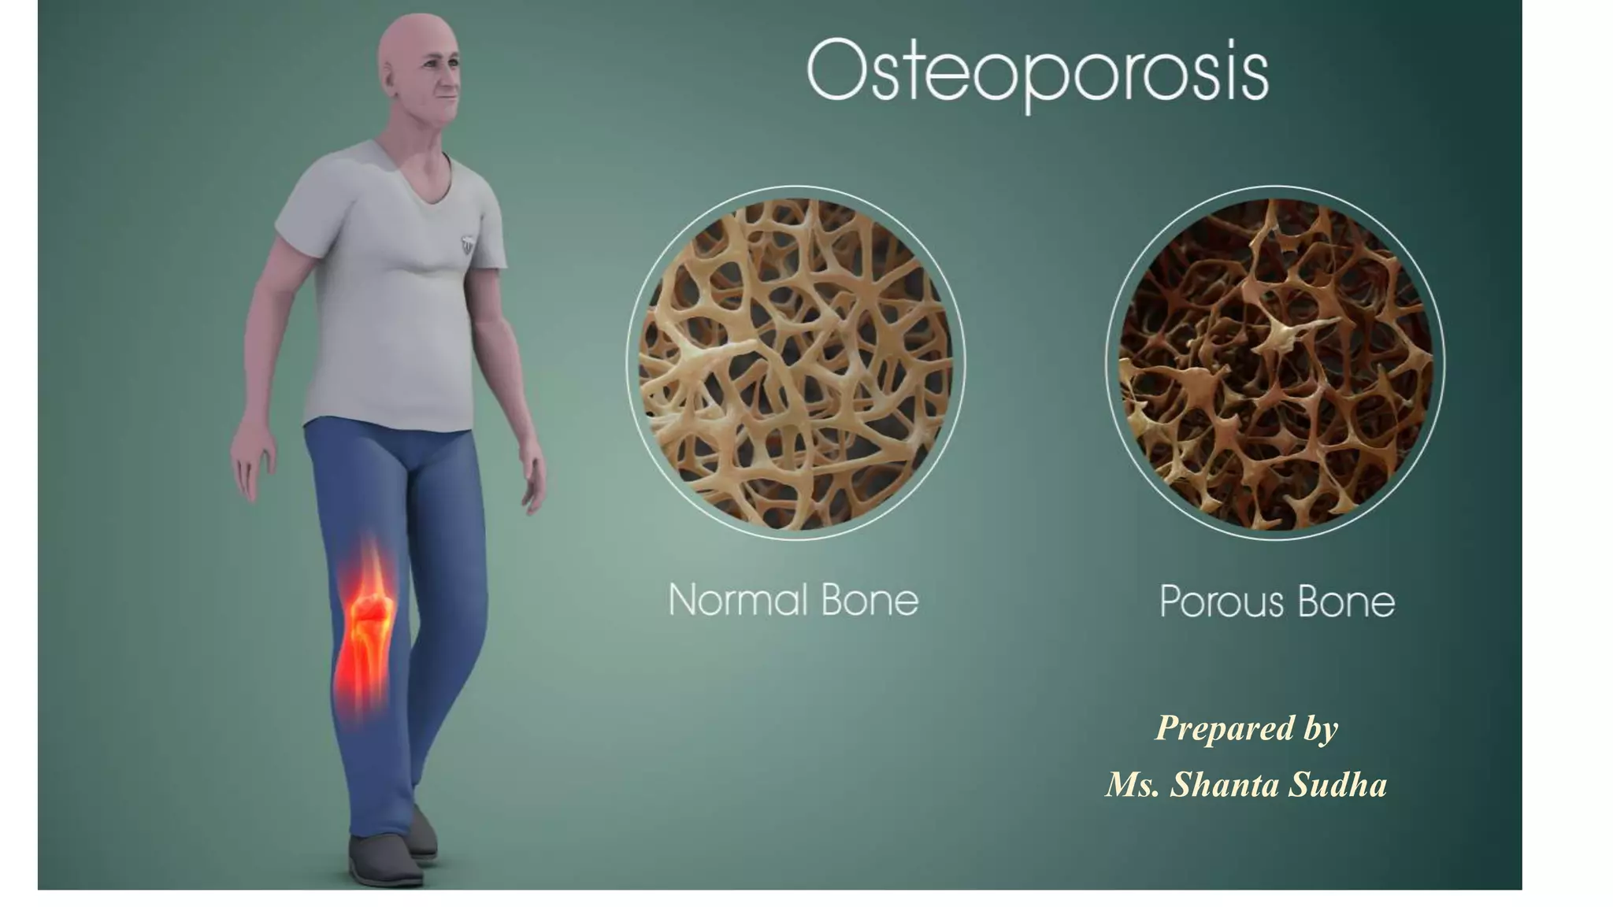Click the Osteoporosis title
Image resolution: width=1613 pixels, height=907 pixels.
(x=1037, y=72)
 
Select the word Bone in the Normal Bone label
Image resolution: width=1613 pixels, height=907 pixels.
(x=870, y=600)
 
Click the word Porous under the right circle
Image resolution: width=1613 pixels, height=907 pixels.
(x=1221, y=602)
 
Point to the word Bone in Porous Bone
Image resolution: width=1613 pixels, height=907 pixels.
(x=1346, y=602)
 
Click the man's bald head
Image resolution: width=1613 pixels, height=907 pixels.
(x=413, y=39)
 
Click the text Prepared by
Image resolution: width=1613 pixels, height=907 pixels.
(x=1247, y=728)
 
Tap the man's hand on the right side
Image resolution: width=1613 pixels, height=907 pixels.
(x=534, y=480)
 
